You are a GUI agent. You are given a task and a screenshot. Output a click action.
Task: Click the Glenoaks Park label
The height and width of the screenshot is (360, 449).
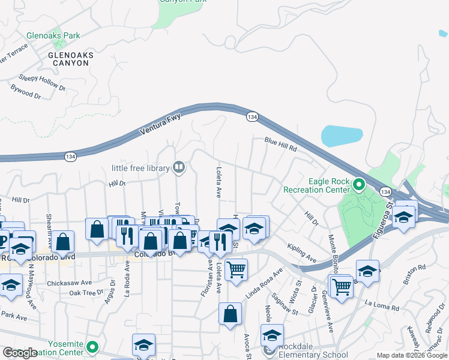tap(53, 36)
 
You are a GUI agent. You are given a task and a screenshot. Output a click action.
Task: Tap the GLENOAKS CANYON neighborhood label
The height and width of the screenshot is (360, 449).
tap(71, 59)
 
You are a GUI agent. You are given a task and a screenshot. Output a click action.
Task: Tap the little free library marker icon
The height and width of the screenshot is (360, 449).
tap(179, 167)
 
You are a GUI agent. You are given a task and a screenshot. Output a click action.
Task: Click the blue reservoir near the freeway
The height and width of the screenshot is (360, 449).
tap(342, 136)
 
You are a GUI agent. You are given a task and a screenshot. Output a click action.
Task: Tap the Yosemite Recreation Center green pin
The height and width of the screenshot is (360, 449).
tap(92, 347)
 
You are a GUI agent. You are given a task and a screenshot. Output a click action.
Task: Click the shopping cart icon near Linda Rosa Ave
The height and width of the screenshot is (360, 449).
tap(237, 269)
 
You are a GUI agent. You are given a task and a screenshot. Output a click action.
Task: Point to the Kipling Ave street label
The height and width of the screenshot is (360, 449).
tap(301, 254)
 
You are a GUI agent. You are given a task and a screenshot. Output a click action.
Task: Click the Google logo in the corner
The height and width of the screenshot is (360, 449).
tap(20, 353)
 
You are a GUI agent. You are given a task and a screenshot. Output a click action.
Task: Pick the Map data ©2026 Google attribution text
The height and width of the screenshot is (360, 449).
tap(411, 355)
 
